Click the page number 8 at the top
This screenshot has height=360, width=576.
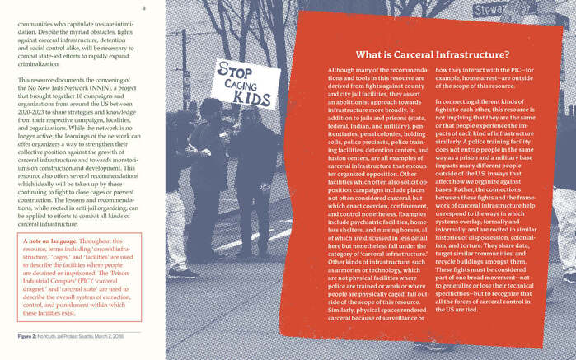coord(143,8)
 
